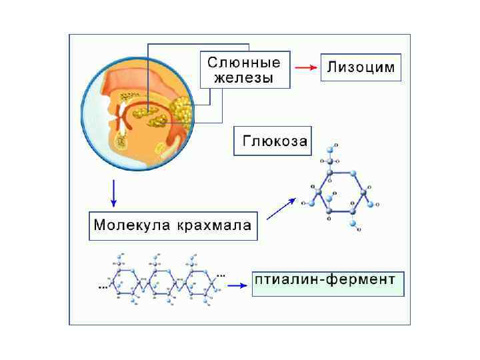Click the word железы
click(x=243, y=78)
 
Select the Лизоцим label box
click(x=361, y=67)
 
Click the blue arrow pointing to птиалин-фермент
click(x=236, y=285)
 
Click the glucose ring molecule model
click(x=340, y=191)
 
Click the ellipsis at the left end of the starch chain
click(x=103, y=287)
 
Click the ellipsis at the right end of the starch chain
click(x=221, y=274)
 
